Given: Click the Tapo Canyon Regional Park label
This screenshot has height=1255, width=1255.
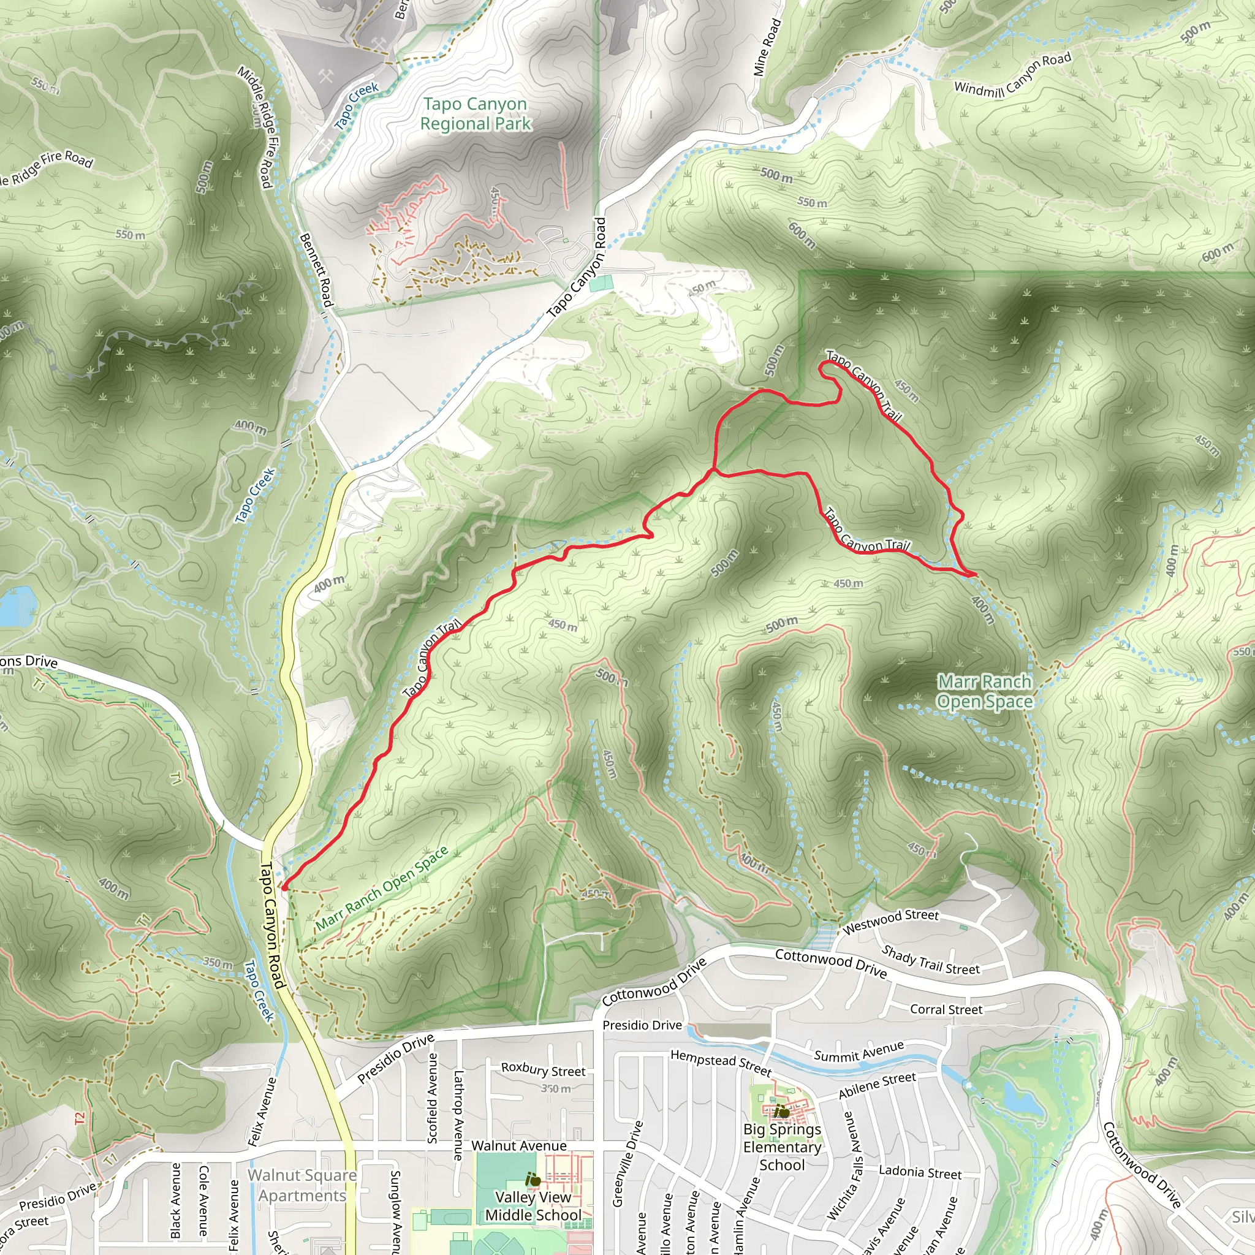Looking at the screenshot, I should (475, 114).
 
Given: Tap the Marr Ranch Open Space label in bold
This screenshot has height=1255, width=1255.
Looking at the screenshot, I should (984, 691).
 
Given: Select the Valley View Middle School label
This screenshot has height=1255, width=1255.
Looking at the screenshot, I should (533, 1205).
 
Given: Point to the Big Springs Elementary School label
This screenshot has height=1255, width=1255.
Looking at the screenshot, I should (782, 1147).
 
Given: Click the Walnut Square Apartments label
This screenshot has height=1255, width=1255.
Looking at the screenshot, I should (302, 1185).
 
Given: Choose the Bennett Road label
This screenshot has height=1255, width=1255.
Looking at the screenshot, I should (316, 270).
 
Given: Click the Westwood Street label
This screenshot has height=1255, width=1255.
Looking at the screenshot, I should (890, 921).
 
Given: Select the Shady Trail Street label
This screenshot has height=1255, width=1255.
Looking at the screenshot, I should (930, 960).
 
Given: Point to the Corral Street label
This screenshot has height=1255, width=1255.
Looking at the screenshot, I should (946, 1009).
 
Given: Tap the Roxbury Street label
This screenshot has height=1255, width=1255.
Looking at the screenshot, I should (543, 1069).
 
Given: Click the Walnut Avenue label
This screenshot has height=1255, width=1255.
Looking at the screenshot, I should (518, 1146).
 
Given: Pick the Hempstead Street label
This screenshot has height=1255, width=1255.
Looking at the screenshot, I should (721, 1063).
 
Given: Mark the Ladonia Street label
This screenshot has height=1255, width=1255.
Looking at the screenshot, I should (920, 1172).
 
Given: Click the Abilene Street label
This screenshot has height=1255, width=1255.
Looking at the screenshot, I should (877, 1085).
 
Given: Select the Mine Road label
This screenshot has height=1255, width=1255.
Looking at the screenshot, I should (767, 48).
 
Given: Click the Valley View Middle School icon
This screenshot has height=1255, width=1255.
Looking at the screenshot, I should (533, 1179).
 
